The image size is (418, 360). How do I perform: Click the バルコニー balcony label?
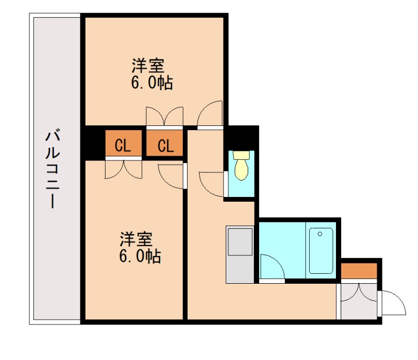tap(51, 170)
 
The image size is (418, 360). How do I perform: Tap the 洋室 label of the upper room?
tap(148, 66)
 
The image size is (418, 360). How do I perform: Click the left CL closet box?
tap(123, 145)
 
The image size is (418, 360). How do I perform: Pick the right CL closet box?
tap(165, 145)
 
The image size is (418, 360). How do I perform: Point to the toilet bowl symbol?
tap(241, 166)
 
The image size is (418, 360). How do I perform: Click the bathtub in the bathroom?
tap(321, 250)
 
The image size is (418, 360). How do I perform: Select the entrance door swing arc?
tap(393, 303)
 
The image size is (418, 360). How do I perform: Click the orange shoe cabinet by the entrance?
tap(359, 271)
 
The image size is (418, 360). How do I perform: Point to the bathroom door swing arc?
tap(272, 266)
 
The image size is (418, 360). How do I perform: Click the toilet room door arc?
tap(212, 182)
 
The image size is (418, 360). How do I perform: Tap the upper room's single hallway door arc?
tap(211, 114)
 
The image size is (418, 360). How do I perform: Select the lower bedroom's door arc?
tap(172, 176)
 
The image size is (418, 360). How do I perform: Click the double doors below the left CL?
tap(123, 169)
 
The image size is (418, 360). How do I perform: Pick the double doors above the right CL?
tap(165, 116)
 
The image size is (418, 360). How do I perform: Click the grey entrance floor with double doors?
tap(358, 300)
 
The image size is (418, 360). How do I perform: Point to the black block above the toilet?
tap(241, 137)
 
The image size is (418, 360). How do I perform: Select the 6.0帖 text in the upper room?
tap(152, 83)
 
